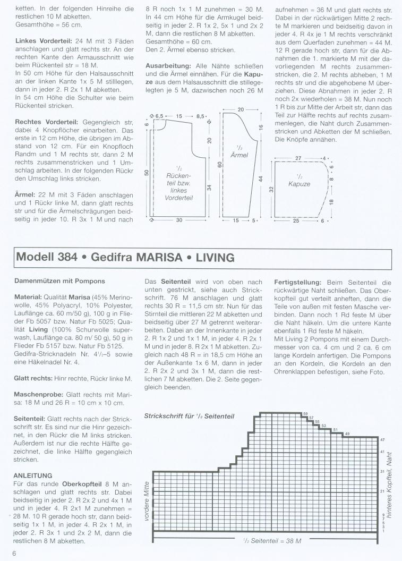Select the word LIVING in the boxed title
point(215,258)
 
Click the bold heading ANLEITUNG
point(33,475)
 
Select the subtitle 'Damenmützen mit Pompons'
point(60,281)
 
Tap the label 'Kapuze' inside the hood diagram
point(299,184)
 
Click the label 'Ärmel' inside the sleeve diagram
point(239,155)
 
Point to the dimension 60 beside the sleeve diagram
point(219,165)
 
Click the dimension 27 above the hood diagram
point(298,158)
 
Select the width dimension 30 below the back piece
point(179,220)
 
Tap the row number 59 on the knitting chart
point(305,414)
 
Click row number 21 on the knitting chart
point(382,491)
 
